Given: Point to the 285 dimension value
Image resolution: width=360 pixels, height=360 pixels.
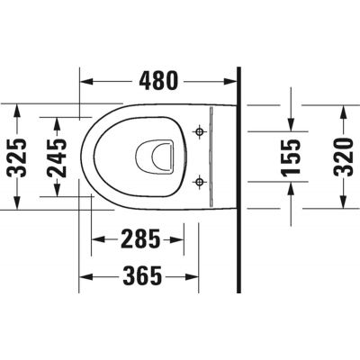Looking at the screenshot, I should (140, 239).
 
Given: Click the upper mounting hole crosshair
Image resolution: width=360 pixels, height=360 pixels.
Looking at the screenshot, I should (199, 132).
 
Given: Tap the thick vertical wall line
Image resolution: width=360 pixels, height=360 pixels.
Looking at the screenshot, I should (239, 180).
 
